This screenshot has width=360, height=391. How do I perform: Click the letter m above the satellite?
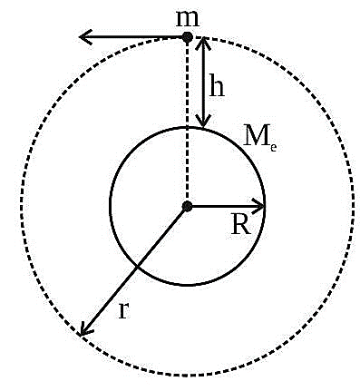(x=188, y=19)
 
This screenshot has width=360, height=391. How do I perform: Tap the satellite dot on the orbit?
(x=188, y=37)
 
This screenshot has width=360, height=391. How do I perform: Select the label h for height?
(x=217, y=87)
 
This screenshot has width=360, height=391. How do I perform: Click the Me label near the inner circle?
(x=259, y=138)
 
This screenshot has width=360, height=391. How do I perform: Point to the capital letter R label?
(x=241, y=225)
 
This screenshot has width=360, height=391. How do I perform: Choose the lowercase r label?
(x=124, y=309)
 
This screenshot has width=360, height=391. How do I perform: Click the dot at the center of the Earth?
(x=188, y=206)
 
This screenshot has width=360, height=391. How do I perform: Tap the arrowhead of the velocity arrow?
(x=85, y=37)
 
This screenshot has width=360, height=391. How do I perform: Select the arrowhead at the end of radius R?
(x=258, y=206)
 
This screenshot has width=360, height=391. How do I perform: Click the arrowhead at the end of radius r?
(x=84, y=330)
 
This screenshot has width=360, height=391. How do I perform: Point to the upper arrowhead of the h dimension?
(x=203, y=44)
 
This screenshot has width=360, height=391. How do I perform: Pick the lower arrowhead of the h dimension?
(x=203, y=121)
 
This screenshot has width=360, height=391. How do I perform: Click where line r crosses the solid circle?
(x=137, y=267)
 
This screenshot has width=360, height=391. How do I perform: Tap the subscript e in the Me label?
(x=273, y=148)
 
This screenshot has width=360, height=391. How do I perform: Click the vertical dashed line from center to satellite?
(x=188, y=121)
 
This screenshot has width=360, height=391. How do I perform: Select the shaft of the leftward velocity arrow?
(x=133, y=37)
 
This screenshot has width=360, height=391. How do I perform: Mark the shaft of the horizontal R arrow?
(x=225, y=206)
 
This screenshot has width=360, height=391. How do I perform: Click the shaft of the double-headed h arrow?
(x=203, y=82)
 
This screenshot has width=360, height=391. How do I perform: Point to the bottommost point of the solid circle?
(x=188, y=285)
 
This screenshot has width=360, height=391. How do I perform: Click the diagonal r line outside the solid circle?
(x=108, y=301)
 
